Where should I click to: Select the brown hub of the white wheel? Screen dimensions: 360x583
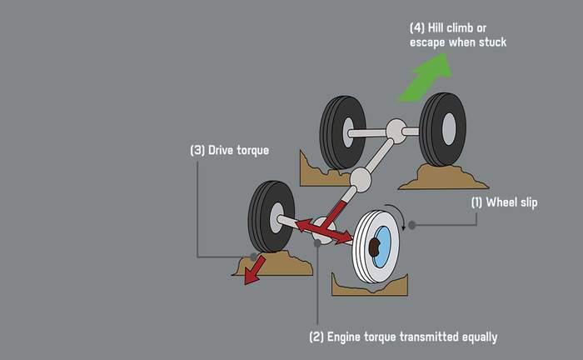(x=376, y=246)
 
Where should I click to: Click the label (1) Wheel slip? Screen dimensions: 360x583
(x=505, y=202)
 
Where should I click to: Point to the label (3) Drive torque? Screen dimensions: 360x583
(x=230, y=151)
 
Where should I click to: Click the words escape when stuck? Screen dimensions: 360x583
(x=457, y=41)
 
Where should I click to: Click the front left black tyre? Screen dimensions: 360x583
(x=271, y=216)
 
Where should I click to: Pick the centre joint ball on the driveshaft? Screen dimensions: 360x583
(x=361, y=178)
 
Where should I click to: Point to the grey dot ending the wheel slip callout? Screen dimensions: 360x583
(x=411, y=225)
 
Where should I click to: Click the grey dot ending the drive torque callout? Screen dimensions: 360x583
(x=252, y=257)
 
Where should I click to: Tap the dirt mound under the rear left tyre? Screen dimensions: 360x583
(x=321, y=172)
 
